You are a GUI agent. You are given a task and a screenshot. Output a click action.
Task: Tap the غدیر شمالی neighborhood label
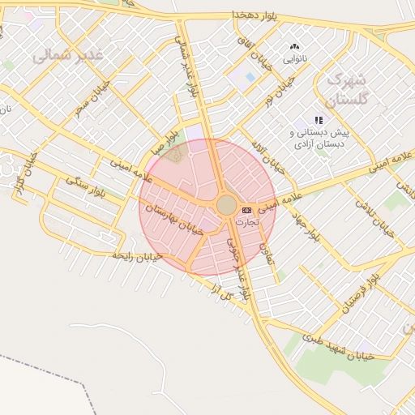[69, 56]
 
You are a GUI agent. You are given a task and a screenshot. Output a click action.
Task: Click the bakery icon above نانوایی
[293, 47]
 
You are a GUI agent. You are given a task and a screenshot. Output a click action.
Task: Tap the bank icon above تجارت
[246, 210]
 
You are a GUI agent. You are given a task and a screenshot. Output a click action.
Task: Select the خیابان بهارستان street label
[172, 225]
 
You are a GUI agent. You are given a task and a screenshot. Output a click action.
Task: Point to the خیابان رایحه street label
[137, 256]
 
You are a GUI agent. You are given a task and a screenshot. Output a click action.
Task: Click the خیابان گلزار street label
[24, 173]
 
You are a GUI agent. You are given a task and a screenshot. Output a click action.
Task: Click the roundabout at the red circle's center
[227, 204]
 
